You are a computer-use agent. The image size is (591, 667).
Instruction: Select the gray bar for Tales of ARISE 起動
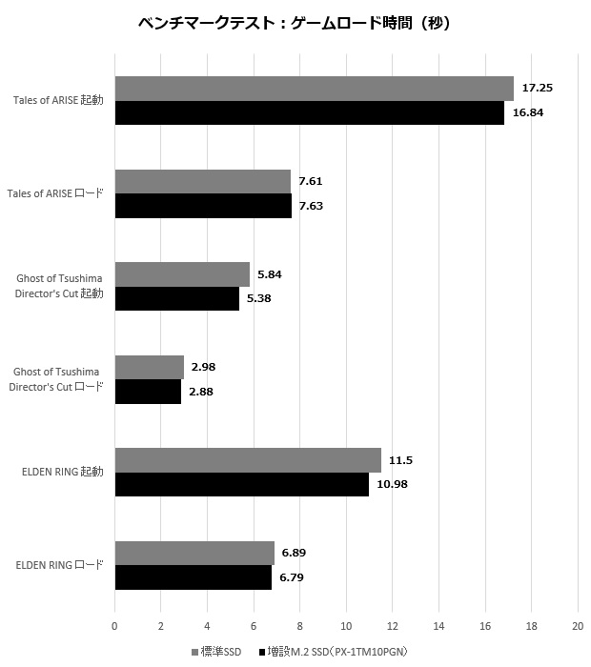[314, 89]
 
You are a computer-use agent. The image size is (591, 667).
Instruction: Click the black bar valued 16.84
[309, 112]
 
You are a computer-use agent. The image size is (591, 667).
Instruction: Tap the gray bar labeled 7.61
[202, 182]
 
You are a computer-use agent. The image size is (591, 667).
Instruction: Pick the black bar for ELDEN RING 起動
[241, 484]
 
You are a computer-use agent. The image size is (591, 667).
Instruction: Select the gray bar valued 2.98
[149, 368]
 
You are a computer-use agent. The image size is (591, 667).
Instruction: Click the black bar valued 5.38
[176, 298]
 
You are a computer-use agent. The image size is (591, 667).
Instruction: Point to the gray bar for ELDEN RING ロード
[194, 554]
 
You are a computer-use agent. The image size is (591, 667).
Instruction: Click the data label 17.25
[538, 88]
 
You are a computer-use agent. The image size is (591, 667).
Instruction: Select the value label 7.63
[311, 205]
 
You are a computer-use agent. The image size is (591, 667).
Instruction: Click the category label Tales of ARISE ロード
[55, 193]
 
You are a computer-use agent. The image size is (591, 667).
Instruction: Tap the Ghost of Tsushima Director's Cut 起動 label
[59, 286]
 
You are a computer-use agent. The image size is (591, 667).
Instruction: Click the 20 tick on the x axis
[577, 626]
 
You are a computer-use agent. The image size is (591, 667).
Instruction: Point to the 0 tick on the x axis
[114, 626]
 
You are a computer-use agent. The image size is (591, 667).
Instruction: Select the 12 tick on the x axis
[392, 626]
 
